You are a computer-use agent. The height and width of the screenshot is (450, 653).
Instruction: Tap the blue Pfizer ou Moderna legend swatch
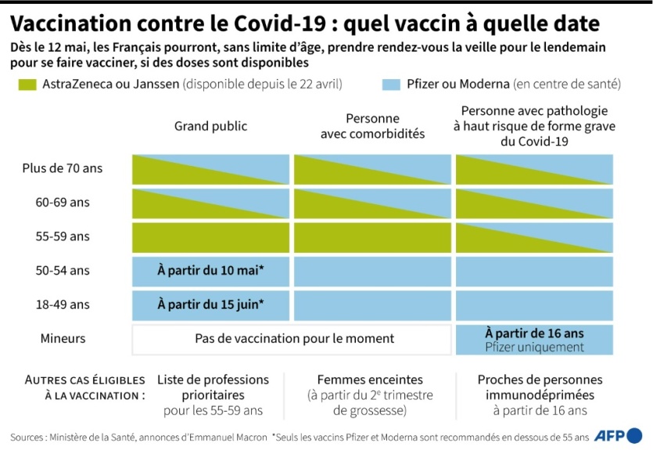(x=385, y=84)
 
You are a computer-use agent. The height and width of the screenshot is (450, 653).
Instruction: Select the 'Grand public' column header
(x=210, y=126)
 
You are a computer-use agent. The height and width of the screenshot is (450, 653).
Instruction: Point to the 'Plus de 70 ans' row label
(x=68, y=167)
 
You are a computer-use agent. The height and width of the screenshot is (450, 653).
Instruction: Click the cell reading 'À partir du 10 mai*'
(x=210, y=271)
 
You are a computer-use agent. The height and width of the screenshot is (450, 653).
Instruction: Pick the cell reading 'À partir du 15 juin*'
(x=210, y=304)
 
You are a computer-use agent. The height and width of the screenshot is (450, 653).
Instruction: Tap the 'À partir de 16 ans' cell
(x=534, y=333)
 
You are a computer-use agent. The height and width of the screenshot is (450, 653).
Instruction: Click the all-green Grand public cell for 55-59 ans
(x=210, y=236)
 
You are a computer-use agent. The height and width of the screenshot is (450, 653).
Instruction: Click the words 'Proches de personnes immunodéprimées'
(x=535, y=387)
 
